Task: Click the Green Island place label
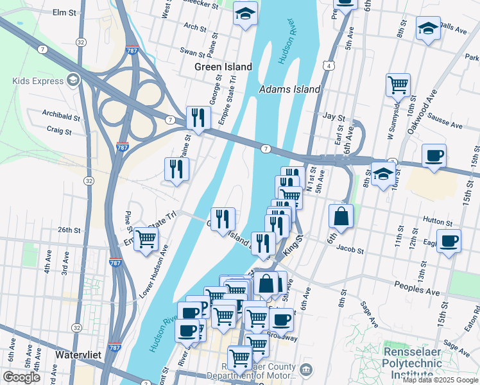pyautogui.click(x=223, y=67)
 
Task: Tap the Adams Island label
pyautogui.click(x=289, y=89)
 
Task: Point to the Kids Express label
pyautogui.click(x=38, y=81)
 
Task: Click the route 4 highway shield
pyautogui.click(x=329, y=65)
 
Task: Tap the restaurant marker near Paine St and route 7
pyautogui.click(x=198, y=117)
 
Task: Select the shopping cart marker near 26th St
pyautogui.click(x=146, y=239)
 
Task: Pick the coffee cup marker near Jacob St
pyautogui.click(x=449, y=241)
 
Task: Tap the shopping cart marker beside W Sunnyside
pyautogui.click(x=398, y=84)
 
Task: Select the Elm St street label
pyautogui.click(x=64, y=12)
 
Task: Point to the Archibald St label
pyautogui.click(x=61, y=117)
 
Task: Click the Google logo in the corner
pyautogui.click(x=21, y=377)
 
